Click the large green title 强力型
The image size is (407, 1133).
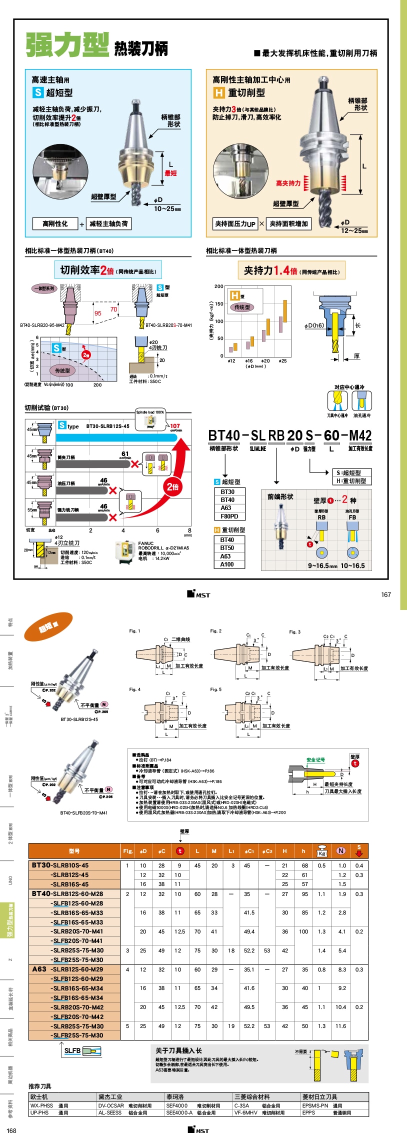pyautogui.click(x=67, y=45)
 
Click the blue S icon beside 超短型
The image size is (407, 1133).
pyautogui.click(x=38, y=92)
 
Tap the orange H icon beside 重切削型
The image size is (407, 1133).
pyautogui.click(x=218, y=92)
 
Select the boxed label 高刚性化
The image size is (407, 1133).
pyautogui.click(x=55, y=223)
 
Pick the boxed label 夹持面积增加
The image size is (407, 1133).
pyautogui.click(x=288, y=224)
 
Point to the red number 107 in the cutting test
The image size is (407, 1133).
pyautogui.click(x=175, y=426)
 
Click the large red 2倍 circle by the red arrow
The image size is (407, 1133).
pyautogui.click(x=172, y=486)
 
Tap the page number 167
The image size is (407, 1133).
pyautogui.click(x=386, y=594)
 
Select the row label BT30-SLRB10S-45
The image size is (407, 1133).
pyautogui.click(x=60, y=865)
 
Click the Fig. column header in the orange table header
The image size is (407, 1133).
pyautogui.click(x=127, y=851)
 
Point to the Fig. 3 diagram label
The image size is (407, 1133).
pyautogui.click(x=295, y=632)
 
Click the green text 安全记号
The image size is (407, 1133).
pyautogui.click(x=315, y=759)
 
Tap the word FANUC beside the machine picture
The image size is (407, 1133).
pyautogui.click(x=146, y=543)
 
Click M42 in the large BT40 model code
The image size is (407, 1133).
pyautogui.click(x=360, y=435)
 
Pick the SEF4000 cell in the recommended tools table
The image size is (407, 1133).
pyautogui.click(x=177, y=1105)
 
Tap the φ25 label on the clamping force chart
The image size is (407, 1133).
pyautogui.click(x=282, y=360)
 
